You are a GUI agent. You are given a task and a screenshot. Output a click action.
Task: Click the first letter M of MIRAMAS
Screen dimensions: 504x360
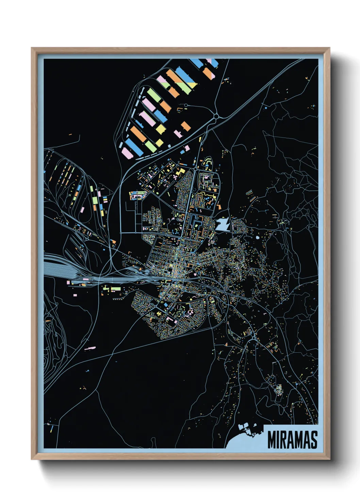point(272,440)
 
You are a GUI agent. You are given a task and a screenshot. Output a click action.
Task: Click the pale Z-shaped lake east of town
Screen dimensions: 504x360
point(223,225)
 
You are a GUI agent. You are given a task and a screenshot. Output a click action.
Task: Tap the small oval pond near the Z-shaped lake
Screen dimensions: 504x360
point(257,237)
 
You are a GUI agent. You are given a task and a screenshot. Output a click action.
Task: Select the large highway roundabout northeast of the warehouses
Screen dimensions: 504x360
point(216,117)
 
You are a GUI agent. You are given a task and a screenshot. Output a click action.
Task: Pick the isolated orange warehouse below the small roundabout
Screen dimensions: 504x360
point(186,126)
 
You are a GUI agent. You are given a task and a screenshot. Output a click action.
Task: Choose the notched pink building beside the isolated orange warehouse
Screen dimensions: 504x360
point(178,133)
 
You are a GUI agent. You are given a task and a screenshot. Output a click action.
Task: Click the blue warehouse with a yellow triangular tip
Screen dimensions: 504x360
point(185,76)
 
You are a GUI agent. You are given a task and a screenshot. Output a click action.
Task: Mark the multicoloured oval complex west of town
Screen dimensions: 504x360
point(137,195)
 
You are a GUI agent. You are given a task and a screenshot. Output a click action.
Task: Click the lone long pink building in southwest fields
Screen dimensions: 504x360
point(90,348)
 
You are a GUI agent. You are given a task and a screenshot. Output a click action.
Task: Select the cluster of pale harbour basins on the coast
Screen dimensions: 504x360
point(248,429)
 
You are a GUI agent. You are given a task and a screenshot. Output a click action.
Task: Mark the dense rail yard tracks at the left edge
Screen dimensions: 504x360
point(60,267)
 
